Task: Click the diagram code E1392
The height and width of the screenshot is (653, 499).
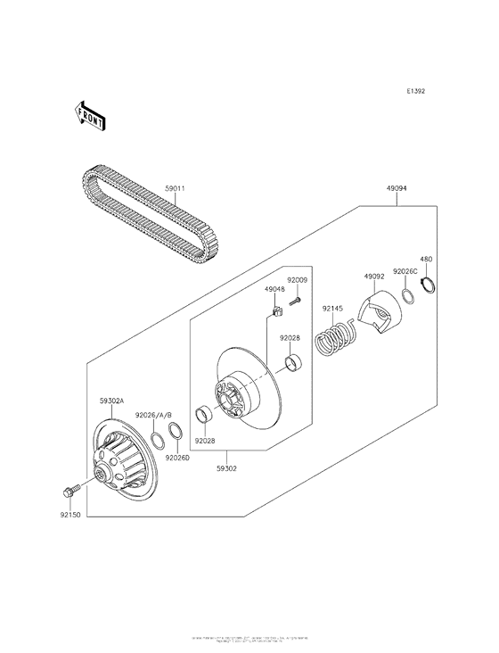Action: tap(417, 91)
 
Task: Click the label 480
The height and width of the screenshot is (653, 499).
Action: tap(427, 260)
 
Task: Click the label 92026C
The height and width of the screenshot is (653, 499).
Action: tap(405, 271)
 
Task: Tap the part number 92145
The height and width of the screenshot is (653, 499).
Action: tap(331, 308)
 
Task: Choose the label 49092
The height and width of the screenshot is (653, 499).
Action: tap(372, 277)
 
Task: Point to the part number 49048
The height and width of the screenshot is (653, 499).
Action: tap(274, 289)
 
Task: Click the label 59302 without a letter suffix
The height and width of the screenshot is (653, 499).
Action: tap(227, 467)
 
